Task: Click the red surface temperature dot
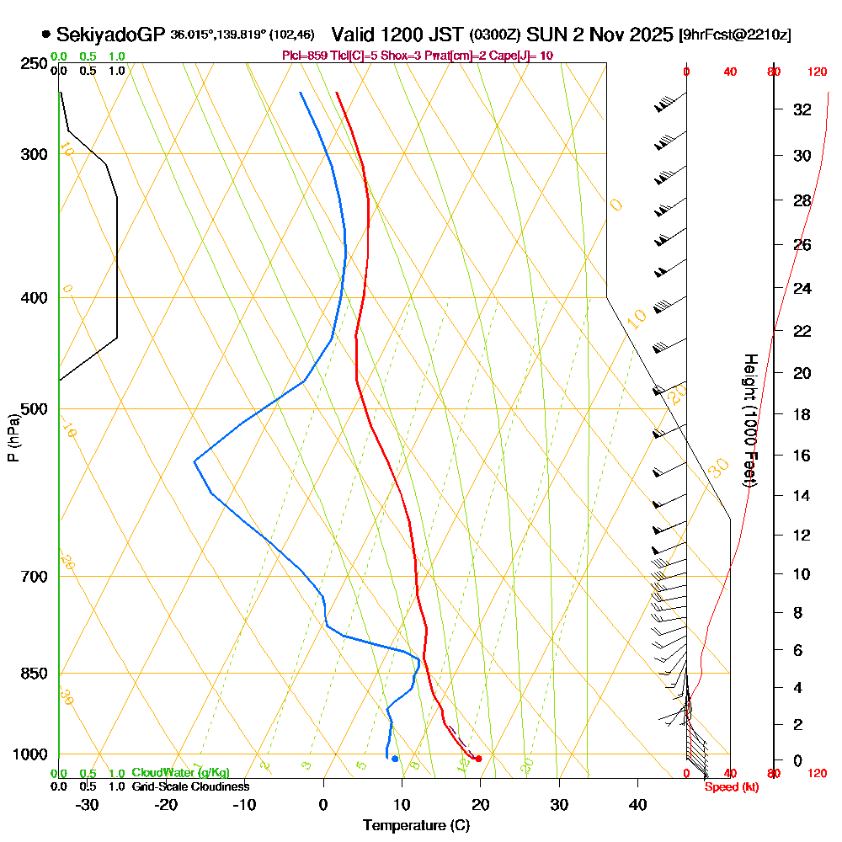click(478, 759)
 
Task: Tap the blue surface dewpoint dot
click(394, 759)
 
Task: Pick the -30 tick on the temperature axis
click(88, 804)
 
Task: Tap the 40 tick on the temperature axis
click(638, 804)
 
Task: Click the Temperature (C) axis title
click(416, 825)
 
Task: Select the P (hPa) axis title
click(13, 438)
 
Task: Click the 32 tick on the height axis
click(802, 109)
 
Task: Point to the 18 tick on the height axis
click(802, 414)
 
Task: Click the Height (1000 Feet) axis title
click(749, 421)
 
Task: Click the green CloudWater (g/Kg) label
click(180, 773)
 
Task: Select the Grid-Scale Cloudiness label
click(190, 786)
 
